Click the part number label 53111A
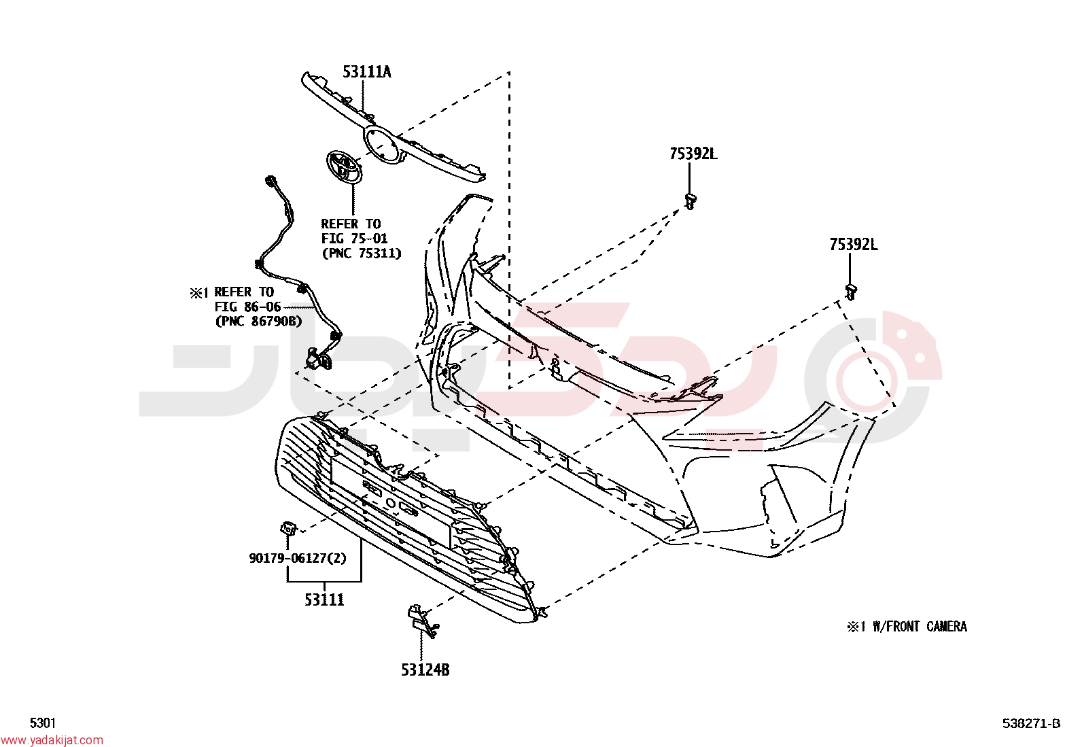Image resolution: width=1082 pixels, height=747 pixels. [x=366, y=72]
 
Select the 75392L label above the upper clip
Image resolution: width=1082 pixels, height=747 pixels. [x=693, y=154]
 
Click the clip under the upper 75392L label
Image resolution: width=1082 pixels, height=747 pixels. [x=691, y=201]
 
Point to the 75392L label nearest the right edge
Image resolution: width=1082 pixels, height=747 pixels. [x=854, y=245]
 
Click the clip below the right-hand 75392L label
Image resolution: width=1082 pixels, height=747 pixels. [x=851, y=292]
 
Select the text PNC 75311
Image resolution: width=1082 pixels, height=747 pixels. [x=362, y=253]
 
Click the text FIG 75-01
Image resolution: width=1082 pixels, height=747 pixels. [x=355, y=238]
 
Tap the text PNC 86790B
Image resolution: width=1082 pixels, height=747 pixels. [x=258, y=321]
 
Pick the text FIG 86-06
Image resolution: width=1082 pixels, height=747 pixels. [x=248, y=307]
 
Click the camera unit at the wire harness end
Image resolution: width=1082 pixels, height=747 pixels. [x=318, y=360]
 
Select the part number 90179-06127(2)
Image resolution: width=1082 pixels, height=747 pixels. [x=298, y=558]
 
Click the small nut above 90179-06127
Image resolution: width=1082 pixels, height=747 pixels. [x=288, y=528]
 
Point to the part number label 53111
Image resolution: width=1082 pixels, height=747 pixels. [x=324, y=600]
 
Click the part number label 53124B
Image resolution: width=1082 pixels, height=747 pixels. [x=425, y=670]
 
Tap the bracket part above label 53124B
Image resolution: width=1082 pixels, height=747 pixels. [x=421, y=621]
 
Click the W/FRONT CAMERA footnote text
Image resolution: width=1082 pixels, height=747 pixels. [x=920, y=627]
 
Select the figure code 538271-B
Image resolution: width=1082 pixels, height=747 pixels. [x=1031, y=723]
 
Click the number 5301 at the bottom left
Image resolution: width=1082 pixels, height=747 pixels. [x=43, y=723]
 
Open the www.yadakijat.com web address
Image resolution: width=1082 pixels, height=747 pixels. [x=52, y=740]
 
